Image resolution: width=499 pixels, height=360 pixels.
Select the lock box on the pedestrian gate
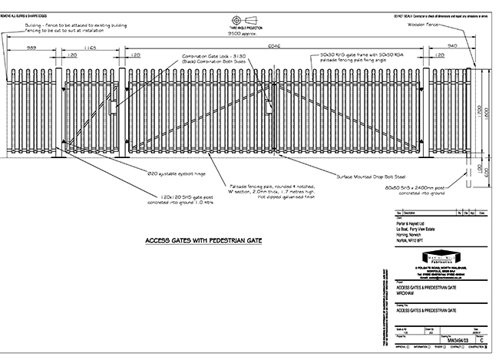pyautogui.click(x=114, y=104)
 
